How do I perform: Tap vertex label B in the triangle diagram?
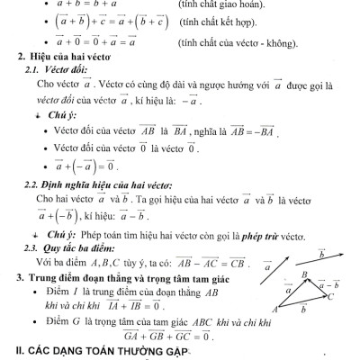pos(305,274)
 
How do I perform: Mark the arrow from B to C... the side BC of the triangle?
pos(319,289)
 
